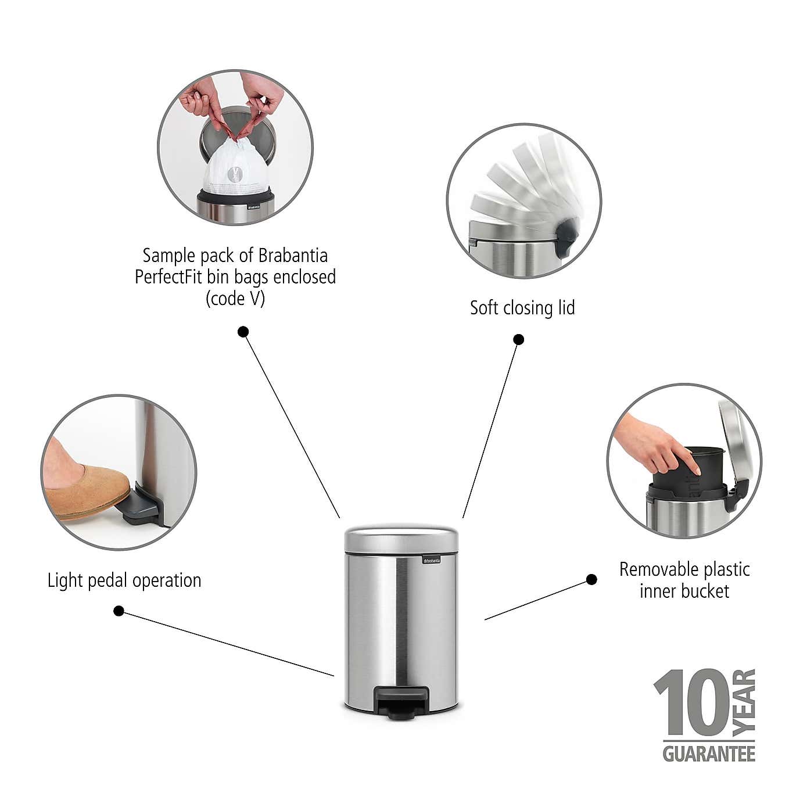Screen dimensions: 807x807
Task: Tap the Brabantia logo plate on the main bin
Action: tap(431, 560)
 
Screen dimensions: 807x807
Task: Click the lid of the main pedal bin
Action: tap(401, 538)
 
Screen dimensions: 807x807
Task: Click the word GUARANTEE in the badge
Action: tap(709, 754)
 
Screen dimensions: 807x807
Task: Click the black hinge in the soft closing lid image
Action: tap(565, 238)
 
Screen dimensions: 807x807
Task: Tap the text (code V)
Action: tap(235, 299)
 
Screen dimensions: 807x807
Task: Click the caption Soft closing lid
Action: tap(522, 307)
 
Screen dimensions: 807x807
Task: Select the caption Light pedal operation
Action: tap(124, 580)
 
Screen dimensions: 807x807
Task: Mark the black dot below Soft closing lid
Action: tap(519, 339)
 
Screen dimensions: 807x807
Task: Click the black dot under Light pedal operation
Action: tap(119, 611)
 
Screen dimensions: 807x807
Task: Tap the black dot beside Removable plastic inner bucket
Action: tap(591, 579)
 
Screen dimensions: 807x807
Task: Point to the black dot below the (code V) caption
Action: tap(243, 332)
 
